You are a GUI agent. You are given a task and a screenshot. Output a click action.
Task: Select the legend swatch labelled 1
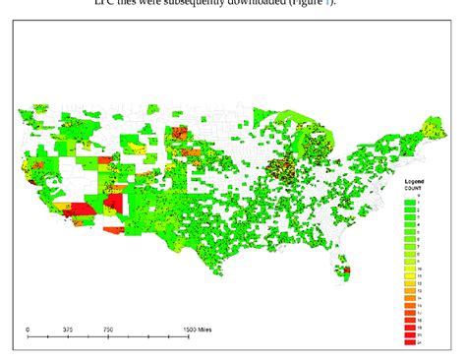pos(409,204)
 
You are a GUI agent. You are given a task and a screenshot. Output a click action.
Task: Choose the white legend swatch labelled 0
pos(409,197)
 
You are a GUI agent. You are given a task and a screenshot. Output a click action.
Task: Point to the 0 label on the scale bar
pos(29,330)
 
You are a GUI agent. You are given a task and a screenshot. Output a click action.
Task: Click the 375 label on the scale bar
pos(68,330)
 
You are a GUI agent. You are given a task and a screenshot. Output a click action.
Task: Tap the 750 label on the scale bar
pos(108,330)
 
